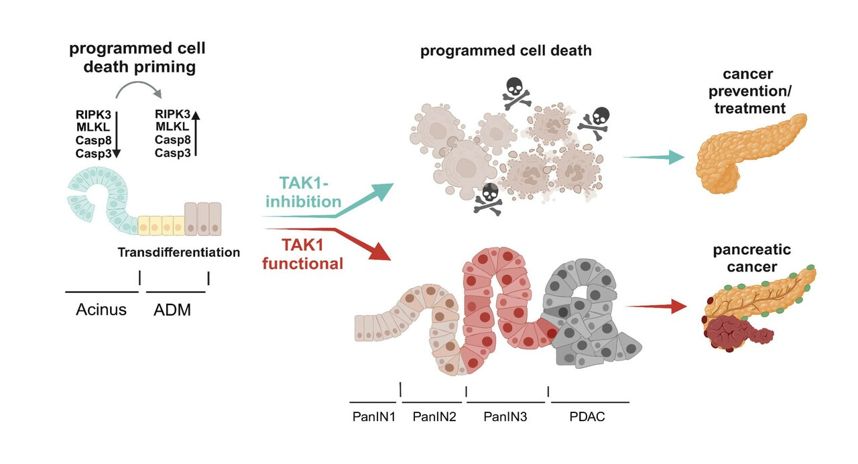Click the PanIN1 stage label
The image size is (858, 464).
click(374, 416)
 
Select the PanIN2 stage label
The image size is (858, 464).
click(434, 416)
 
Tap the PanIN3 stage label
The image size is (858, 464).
click(505, 416)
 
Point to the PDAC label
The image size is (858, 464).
click(587, 416)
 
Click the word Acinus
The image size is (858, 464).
click(101, 310)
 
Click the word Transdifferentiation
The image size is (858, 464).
click(179, 253)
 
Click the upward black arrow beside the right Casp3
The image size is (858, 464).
click(196, 134)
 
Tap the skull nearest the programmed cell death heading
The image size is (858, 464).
click(515, 92)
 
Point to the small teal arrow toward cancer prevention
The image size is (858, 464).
click(653, 156)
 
